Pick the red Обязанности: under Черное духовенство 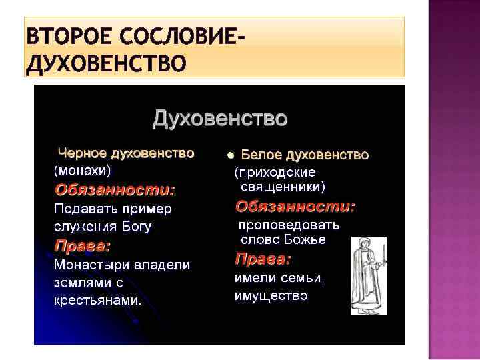[115, 189]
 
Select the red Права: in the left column [83, 245]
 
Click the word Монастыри [92, 265]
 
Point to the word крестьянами [97, 300]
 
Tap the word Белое [261, 155]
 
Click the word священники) [283, 187]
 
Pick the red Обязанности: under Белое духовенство [295, 206]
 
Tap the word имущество [271, 295]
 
